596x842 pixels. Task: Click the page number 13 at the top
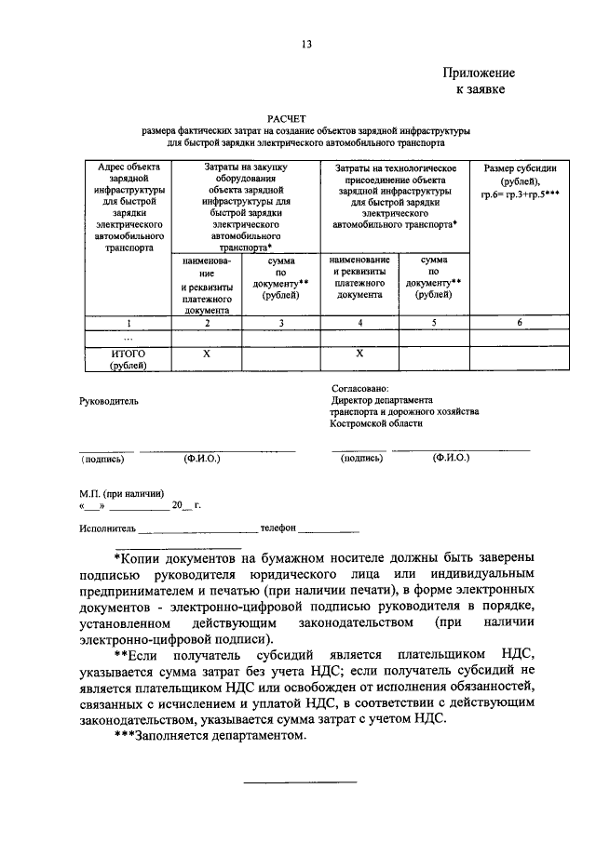[306, 44]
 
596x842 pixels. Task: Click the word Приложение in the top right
[479, 73]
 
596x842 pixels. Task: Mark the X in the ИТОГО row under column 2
[207, 354]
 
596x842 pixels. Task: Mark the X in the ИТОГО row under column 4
[359, 354]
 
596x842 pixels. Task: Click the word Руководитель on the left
[109, 401]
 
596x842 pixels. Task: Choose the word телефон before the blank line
[278, 527]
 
